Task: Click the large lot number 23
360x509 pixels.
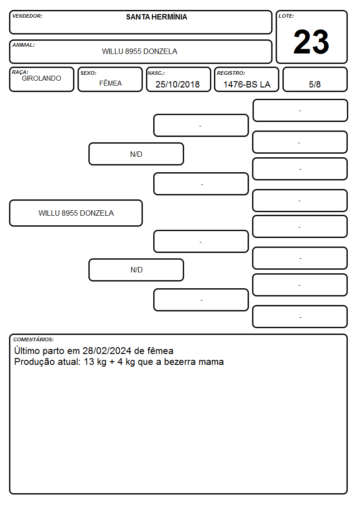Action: click(x=311, y=42)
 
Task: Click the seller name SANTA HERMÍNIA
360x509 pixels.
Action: click(x=156, y=17)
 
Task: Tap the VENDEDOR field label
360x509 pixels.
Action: click(x=27, y=16)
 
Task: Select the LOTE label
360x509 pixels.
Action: click(x=286, y=16)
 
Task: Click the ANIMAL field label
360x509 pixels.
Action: click(x=24, y=45)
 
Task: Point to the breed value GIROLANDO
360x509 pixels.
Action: click(x=41, y=78)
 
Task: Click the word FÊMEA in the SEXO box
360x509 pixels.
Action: click(x=110, y=83)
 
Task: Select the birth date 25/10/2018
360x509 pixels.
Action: click(x=178, y=84)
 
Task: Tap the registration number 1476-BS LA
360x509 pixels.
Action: click(x=247, y=84)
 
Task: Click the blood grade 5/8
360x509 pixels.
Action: click(x=315, y=84)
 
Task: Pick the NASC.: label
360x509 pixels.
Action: click(x=156, y=73)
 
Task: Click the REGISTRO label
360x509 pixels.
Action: click(x=231, y=73)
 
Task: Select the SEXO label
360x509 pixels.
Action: click(x=88, y=73)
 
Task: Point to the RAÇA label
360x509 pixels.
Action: click(x=20, y=72)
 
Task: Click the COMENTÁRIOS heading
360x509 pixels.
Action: click(x=34, y=339)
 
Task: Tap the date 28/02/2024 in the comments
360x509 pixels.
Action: click(x=107, y=351)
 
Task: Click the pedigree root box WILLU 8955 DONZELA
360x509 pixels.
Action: click(x=76, y=213)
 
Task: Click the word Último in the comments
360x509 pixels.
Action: click(x=27, y=350)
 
